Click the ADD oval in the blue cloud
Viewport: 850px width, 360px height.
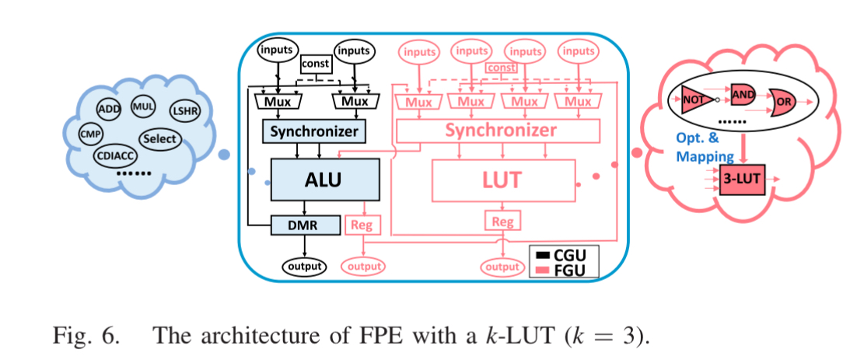pyautogui.click(x=110, y=109)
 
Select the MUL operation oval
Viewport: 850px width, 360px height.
pyautogui.click(x=143, y=106)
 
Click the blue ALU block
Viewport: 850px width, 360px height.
pyautogui.click(x=324, y=180)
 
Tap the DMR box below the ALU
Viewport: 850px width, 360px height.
pyautogui.click(x=306, y=225)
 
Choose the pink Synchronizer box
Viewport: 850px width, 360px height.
pyautogui.click(x=501, y=131)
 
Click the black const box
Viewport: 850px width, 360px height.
pyautogui.click(x=316, y=64)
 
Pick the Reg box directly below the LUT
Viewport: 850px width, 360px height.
pyautogui.click(x=502, y=222)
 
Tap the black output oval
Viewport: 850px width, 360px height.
pyautogui.click(x=304, y=266)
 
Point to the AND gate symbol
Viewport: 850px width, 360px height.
pyautogui.click(x=743, y=93)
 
